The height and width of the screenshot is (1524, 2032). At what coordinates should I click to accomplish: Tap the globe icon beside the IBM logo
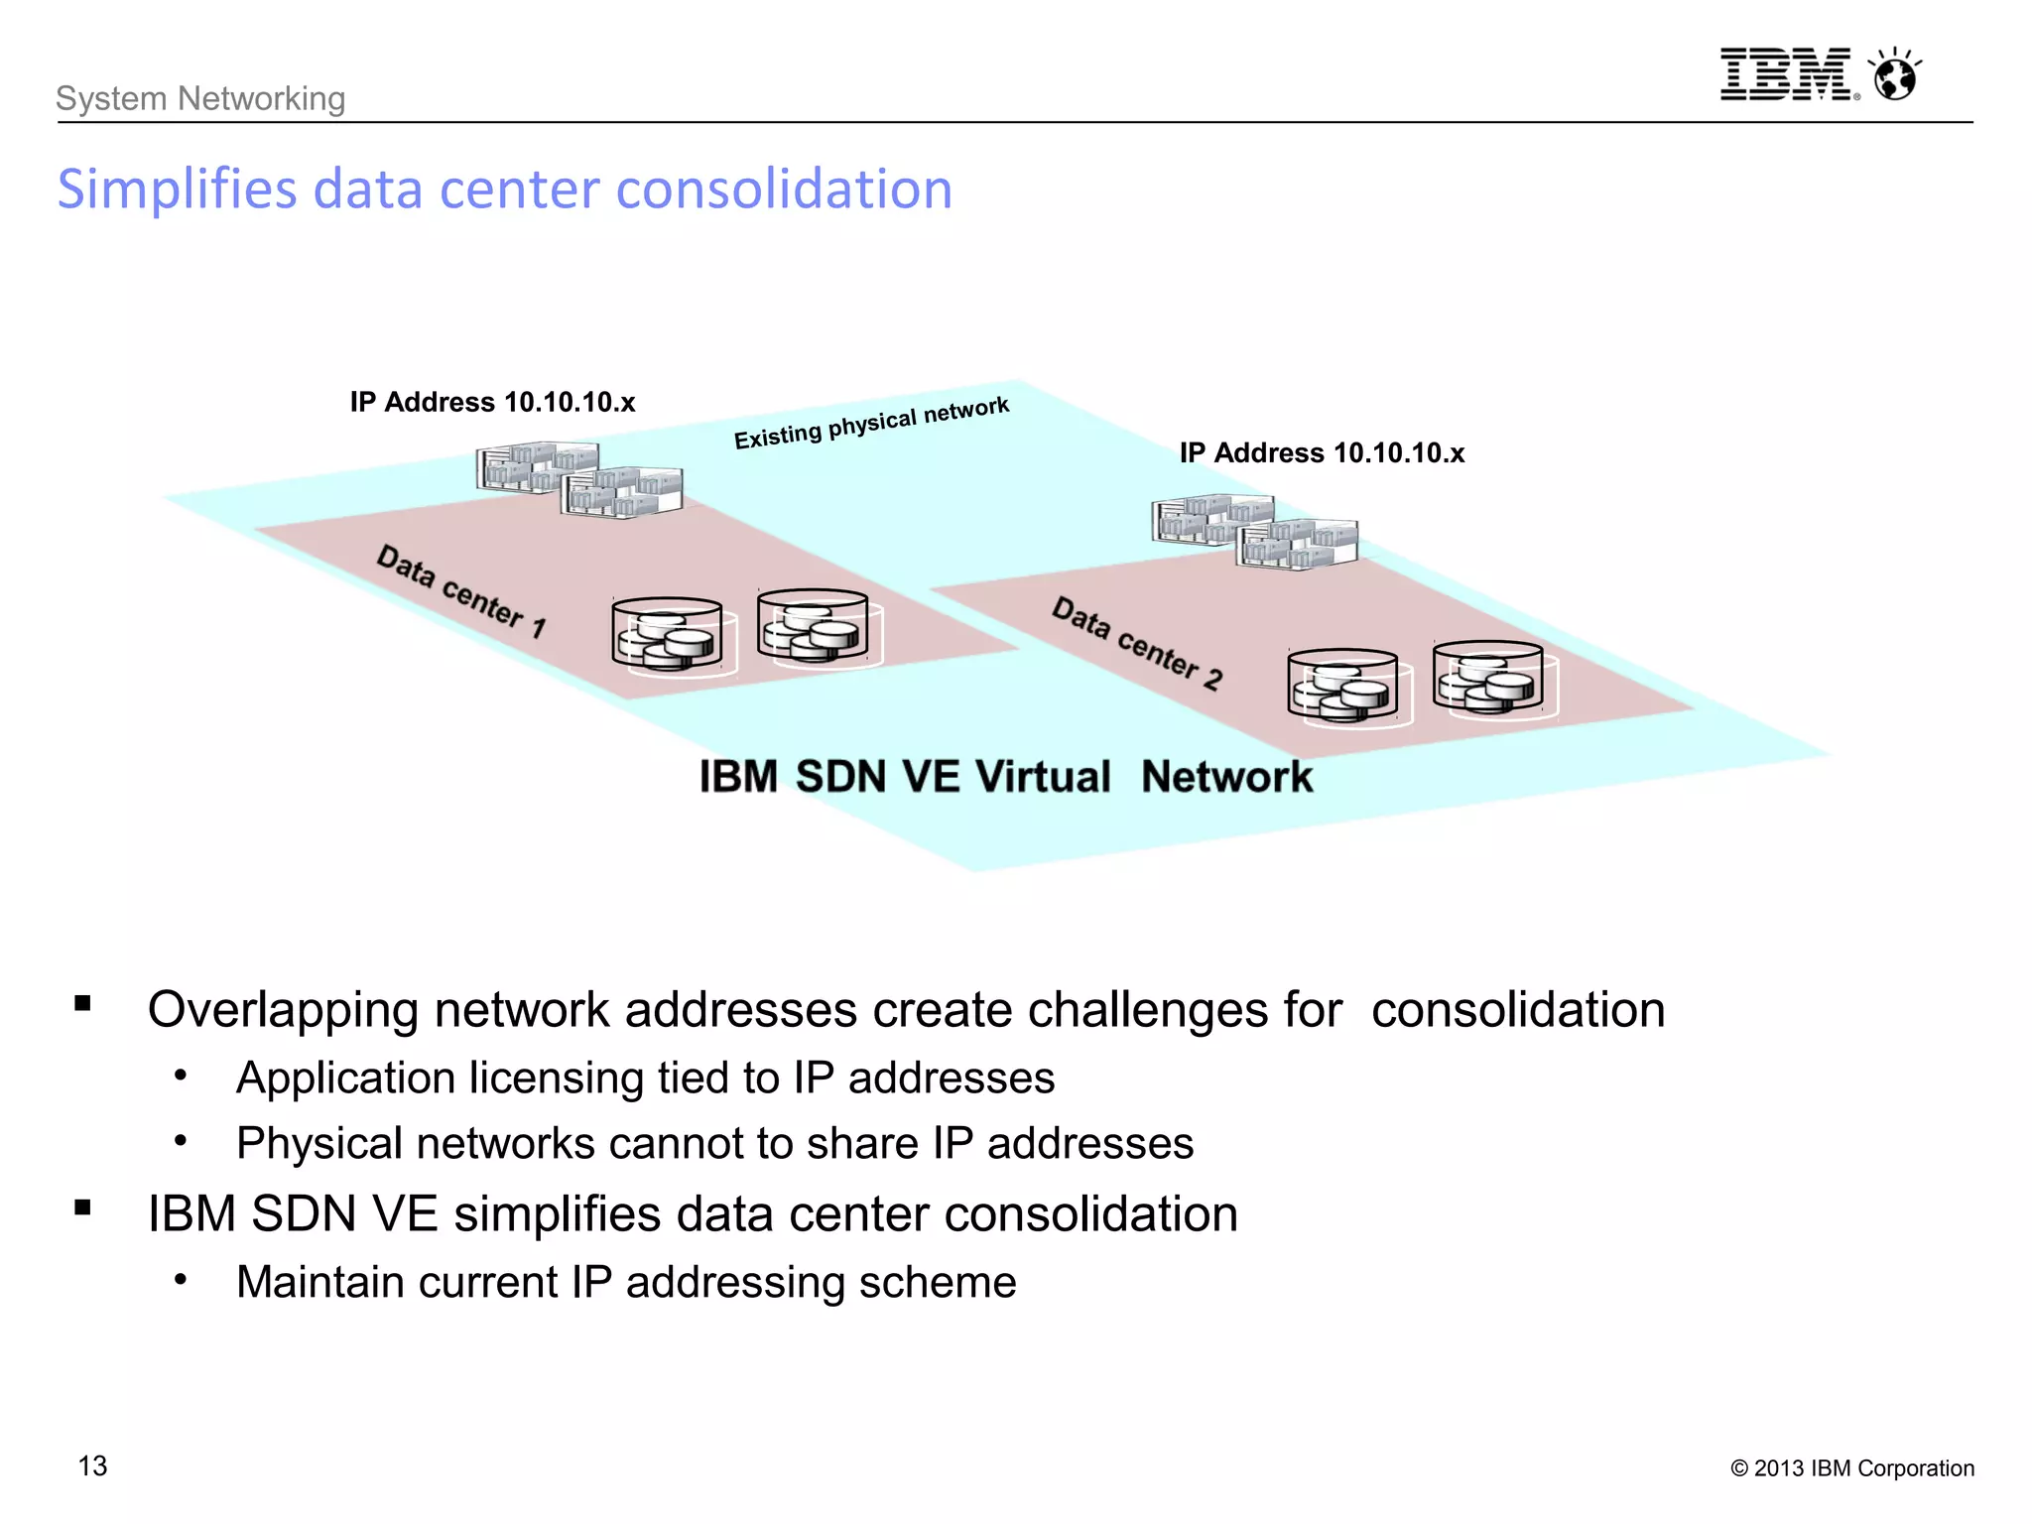(x=1895, y=75)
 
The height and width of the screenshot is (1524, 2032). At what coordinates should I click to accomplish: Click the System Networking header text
(x=200, y=98)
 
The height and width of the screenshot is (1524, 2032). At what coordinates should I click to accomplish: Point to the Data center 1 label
(x=461, y=591)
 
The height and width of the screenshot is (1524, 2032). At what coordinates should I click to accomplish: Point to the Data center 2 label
(x=1137, y=643)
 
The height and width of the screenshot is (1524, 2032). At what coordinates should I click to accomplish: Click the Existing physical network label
(x=871, y=423)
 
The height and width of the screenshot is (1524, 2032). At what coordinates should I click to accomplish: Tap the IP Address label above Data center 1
(x=492, y=402)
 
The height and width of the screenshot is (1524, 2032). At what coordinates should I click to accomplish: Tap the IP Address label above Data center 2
(x=1322, y=453)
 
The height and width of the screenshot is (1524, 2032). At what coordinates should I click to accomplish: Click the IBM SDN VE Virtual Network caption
(x=1005, y=776)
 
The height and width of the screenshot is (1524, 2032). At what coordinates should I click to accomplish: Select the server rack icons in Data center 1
(x=579, y=480)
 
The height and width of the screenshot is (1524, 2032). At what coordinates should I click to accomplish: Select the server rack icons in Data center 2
(x=1255, y=532)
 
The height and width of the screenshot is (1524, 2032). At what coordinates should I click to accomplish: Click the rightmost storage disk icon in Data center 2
(x=1489, y=679)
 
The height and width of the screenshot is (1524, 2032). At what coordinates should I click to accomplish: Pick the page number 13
(x=92, y=1465)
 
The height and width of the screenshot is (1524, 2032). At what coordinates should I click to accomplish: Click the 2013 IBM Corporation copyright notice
(x=1851, y=1468)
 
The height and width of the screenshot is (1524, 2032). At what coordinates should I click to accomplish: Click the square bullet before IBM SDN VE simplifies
(x=82, y=1207)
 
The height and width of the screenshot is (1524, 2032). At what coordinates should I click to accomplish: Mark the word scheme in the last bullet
(x=938, y=1282)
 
